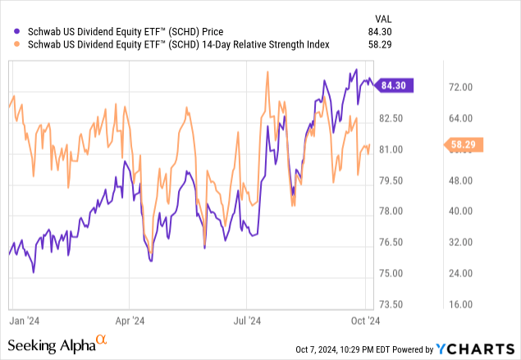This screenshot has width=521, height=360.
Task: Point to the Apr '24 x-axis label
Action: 129,322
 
